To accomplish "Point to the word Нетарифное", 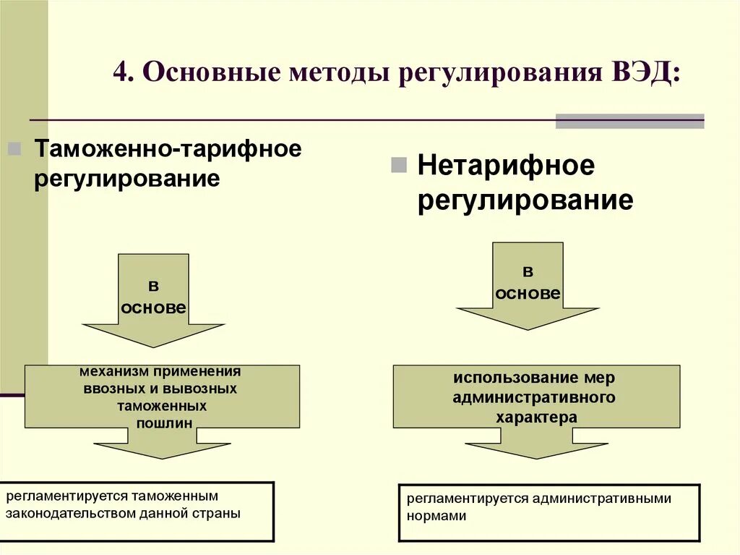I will pyautogui.click(x=506, y=166).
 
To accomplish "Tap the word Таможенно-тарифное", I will pyautogui.click(x=168, y=150).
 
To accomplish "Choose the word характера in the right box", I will pyautogui.click(x=536, y=417).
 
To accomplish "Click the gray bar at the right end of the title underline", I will pyautogui.click(x=629, y=121).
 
